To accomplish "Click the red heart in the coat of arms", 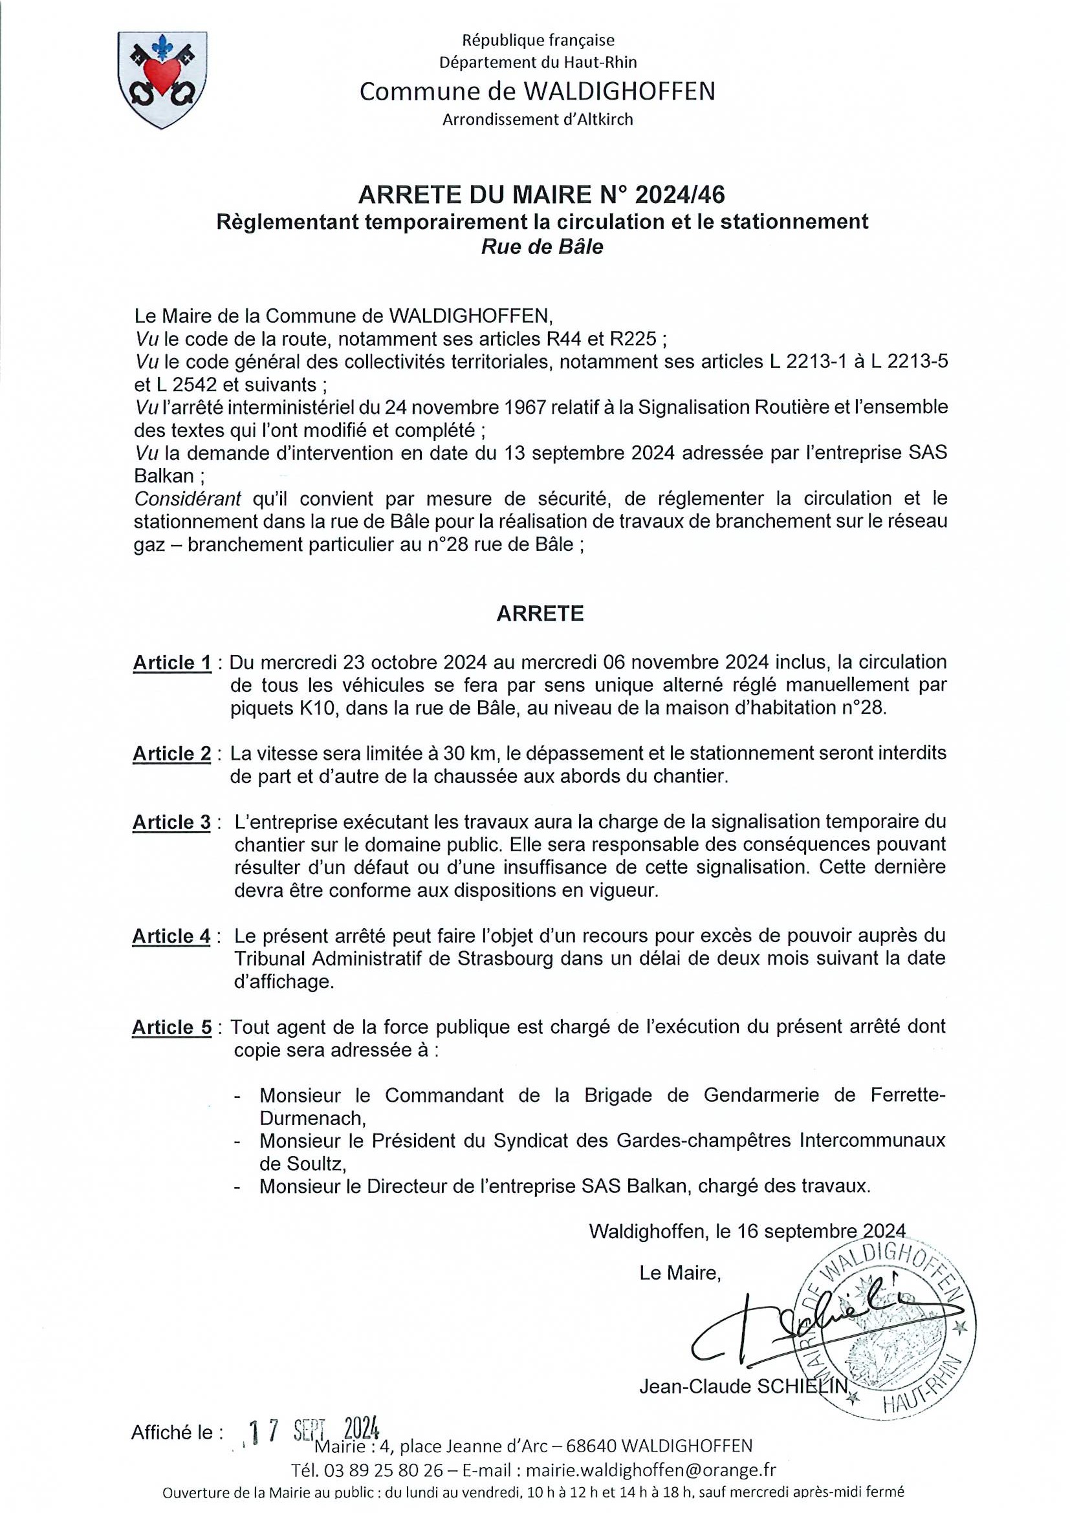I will coord(161,74).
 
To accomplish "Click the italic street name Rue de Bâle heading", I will coord(542,247).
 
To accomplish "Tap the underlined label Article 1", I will coord(172,663).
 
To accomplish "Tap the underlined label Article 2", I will coord(172,753).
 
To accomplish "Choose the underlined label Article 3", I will coord(172,822).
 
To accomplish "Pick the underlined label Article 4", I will coord(172,936).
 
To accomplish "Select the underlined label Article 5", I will coord(172,1027).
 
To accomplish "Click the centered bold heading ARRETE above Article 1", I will coord(540,614).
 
